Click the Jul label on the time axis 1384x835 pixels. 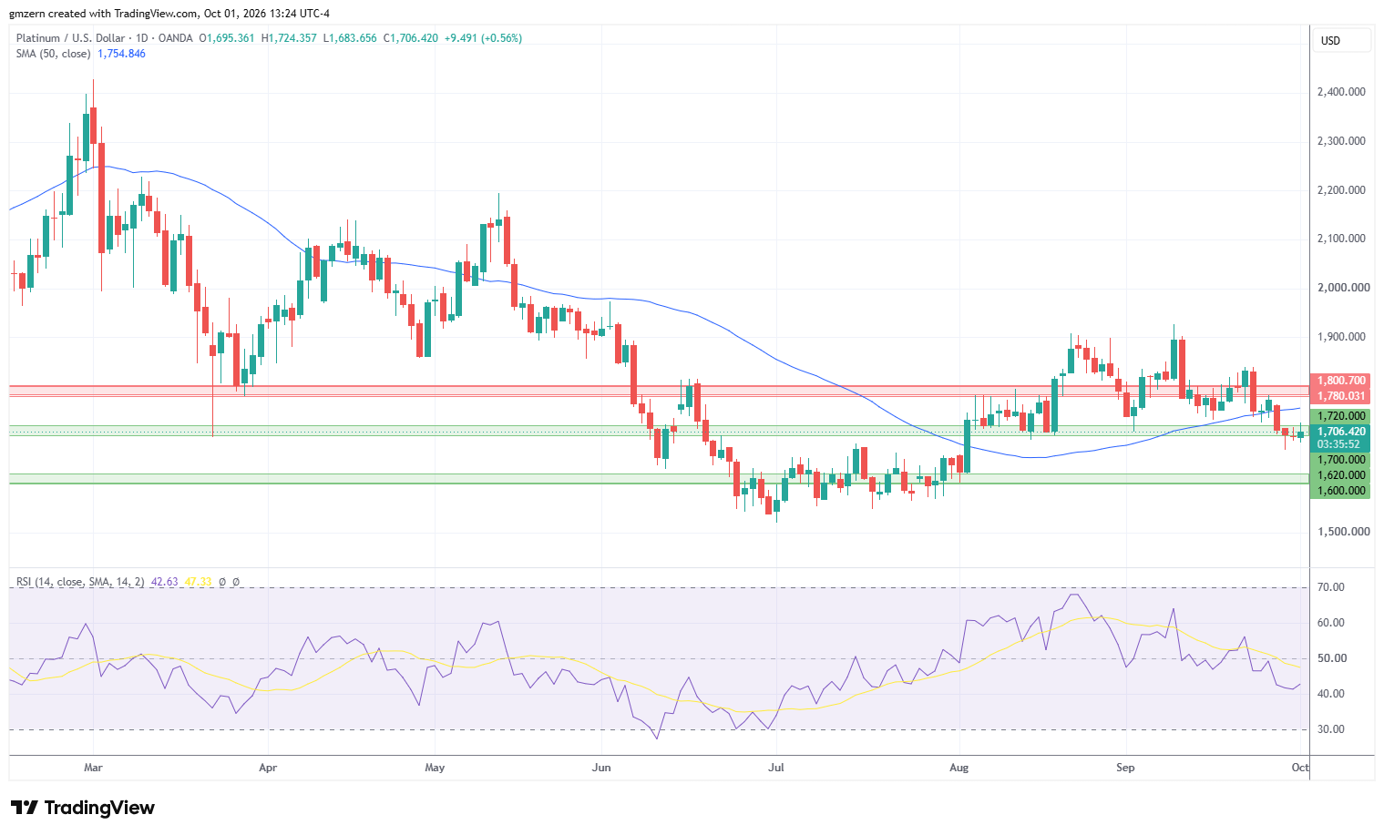pos(775,768)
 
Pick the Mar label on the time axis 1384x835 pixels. pos(93,768)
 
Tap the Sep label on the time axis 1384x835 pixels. pos(1125,768)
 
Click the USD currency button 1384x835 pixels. pos(1330,41)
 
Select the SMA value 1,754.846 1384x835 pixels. pos(121,54)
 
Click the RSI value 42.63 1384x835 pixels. pos(164,582)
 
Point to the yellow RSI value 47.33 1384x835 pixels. pos(198,582)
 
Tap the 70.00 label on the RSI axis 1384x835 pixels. pos(1331,587)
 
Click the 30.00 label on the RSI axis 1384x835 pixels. pos(1331,729)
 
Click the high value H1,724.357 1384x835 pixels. pos(289,38)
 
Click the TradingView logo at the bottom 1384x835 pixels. pos(83,808)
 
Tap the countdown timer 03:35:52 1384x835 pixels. pos(1338,444)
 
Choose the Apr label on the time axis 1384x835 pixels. pos(268,768)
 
